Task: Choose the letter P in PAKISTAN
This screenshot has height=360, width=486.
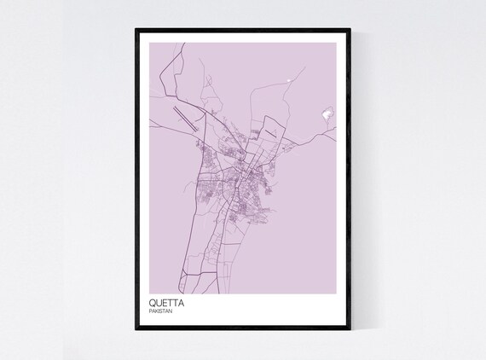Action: (151, 311)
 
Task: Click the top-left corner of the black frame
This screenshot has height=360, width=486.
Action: (136, 28)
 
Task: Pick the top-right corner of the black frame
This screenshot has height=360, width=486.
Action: (350, 28)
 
